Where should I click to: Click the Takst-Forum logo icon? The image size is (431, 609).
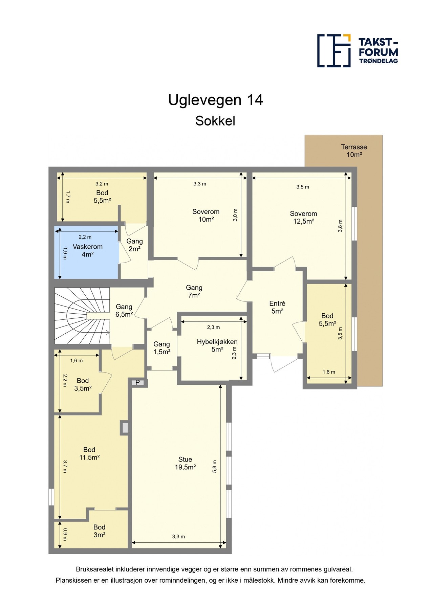coord(334,51)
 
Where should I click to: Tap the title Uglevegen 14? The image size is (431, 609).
coord(215,100)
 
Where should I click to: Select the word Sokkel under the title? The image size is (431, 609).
coord(215,121)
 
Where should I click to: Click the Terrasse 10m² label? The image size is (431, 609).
coord(354,151)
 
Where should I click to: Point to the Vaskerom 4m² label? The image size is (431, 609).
coord(87,250)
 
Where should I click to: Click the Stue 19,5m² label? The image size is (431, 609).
coord(185,463)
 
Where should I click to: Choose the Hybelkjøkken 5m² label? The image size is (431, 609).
coord(217,345)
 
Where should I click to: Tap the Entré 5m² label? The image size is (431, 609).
coord(277,307)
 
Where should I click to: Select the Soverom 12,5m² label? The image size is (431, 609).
coord(303,217)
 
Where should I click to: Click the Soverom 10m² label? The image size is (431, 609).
coord(206,215)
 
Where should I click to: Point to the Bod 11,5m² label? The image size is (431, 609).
coord(89,453)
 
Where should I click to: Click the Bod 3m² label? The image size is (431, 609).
coord(99,531)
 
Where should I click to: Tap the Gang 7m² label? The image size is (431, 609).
coord(194,291)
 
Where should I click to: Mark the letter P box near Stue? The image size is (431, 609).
coord(137,383)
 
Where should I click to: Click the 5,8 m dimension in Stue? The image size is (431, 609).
coord(214,467)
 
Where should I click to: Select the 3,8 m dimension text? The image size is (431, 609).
coord(340,226)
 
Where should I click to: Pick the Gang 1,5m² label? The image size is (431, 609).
coord(162,348)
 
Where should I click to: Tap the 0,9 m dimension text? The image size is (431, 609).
coord(65,534)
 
